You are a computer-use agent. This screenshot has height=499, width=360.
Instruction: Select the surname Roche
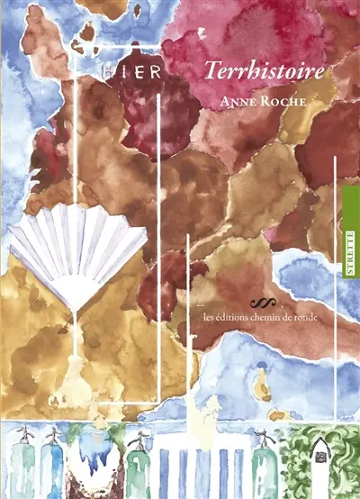[271, 101]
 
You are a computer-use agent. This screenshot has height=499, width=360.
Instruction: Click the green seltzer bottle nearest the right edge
[265, 463]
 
